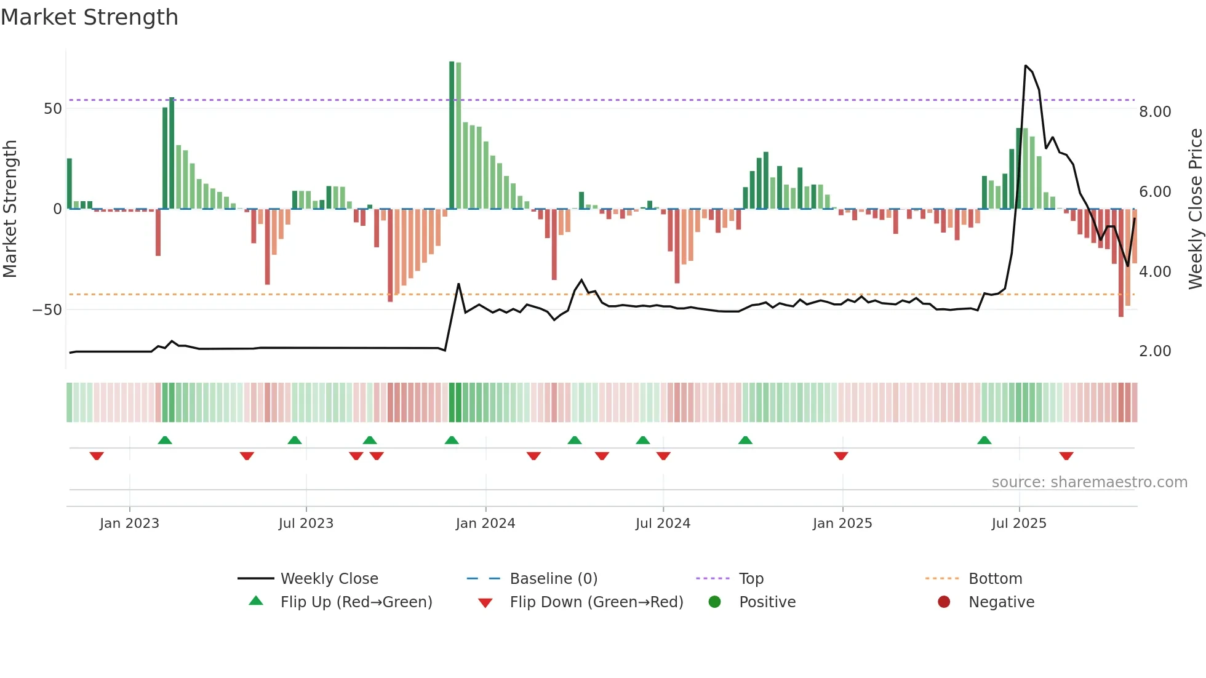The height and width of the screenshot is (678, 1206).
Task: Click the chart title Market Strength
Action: (89, 17)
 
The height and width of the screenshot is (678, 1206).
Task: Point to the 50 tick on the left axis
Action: (53, 109)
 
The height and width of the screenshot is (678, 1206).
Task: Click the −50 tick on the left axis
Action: (47, 310)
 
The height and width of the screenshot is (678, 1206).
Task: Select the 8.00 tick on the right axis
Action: (1155, 112)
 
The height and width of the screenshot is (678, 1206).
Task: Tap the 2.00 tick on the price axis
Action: (1155, 351)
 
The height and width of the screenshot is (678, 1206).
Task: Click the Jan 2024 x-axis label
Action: (485, 524)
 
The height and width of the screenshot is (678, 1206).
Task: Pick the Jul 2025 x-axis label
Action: (1019, 524)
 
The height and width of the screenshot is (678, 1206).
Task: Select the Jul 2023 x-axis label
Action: (306, 524)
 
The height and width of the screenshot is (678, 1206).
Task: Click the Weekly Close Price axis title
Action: (1195, 209)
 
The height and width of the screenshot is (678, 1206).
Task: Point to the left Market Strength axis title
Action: (10, 209)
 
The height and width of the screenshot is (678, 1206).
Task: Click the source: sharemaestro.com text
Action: (1089, 482)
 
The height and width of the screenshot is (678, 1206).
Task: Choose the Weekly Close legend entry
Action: (329, 579)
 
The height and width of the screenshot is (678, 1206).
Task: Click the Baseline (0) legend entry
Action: (553, 579)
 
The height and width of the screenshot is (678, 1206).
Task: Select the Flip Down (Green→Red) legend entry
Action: (596, 602)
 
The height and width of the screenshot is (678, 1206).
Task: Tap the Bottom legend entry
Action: (995, 579)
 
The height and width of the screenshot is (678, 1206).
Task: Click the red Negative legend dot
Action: (944, 602)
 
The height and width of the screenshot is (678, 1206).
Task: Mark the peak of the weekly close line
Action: (1026, 65)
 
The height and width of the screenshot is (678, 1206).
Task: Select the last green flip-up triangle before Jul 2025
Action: (984, 441)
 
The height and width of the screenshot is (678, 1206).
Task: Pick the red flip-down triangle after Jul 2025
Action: (1066, 456)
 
